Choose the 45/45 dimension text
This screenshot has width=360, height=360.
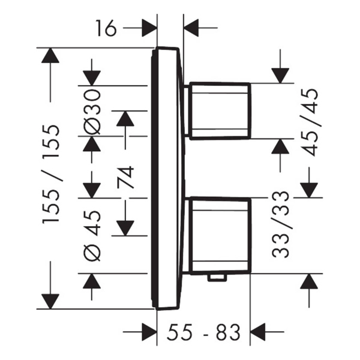pos(310,122)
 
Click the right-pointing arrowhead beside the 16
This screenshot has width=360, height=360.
pos(149,27)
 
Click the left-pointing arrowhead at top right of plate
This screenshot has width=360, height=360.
pos(192,27)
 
